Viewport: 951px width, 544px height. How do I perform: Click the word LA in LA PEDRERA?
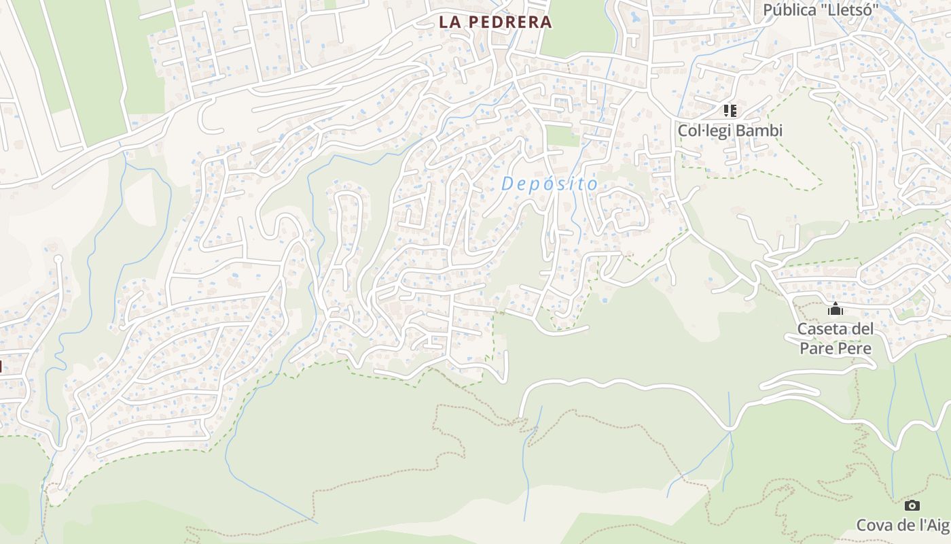coord(450,22)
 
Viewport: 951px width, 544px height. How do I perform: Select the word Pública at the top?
coord(789,10)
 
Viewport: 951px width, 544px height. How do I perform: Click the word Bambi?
coord(760,130)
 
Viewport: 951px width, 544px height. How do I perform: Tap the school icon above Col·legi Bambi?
coord(730,110)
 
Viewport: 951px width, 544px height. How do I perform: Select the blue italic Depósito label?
coord(550,184)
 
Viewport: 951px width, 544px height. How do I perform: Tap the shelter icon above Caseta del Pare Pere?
coord(835,310)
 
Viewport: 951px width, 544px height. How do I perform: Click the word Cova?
coord(874,525)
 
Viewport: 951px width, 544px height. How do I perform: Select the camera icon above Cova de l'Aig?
coord(912,505)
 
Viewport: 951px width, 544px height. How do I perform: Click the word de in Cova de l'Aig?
coord(908,525)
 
